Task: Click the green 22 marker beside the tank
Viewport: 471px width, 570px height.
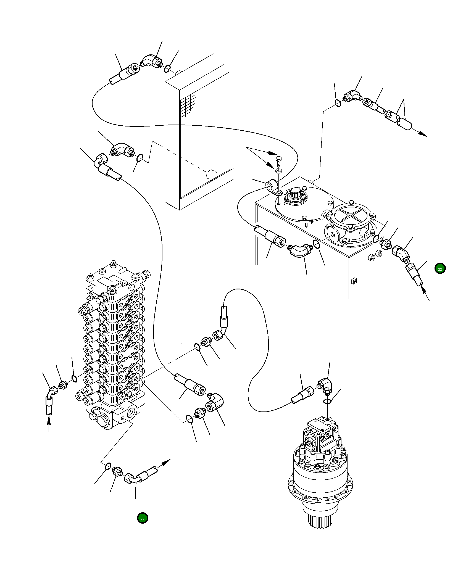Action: (x=440, y=269)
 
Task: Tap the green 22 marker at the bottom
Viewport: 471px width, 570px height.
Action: (x=143, y=518)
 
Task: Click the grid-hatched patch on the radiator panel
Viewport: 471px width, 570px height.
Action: (x=188, y=105)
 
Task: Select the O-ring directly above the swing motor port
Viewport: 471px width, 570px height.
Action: (x=327, y=401)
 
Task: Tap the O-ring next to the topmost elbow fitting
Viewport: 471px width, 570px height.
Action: (x=167, y=68)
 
